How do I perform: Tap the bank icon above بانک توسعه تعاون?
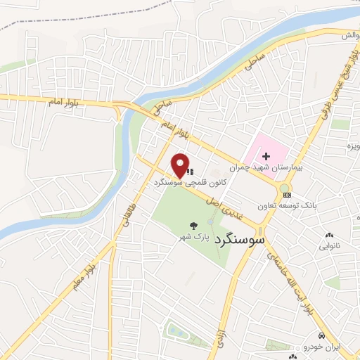coord(286,195)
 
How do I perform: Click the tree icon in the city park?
coord(193,226)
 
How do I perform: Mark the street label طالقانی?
coord(129,209)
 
